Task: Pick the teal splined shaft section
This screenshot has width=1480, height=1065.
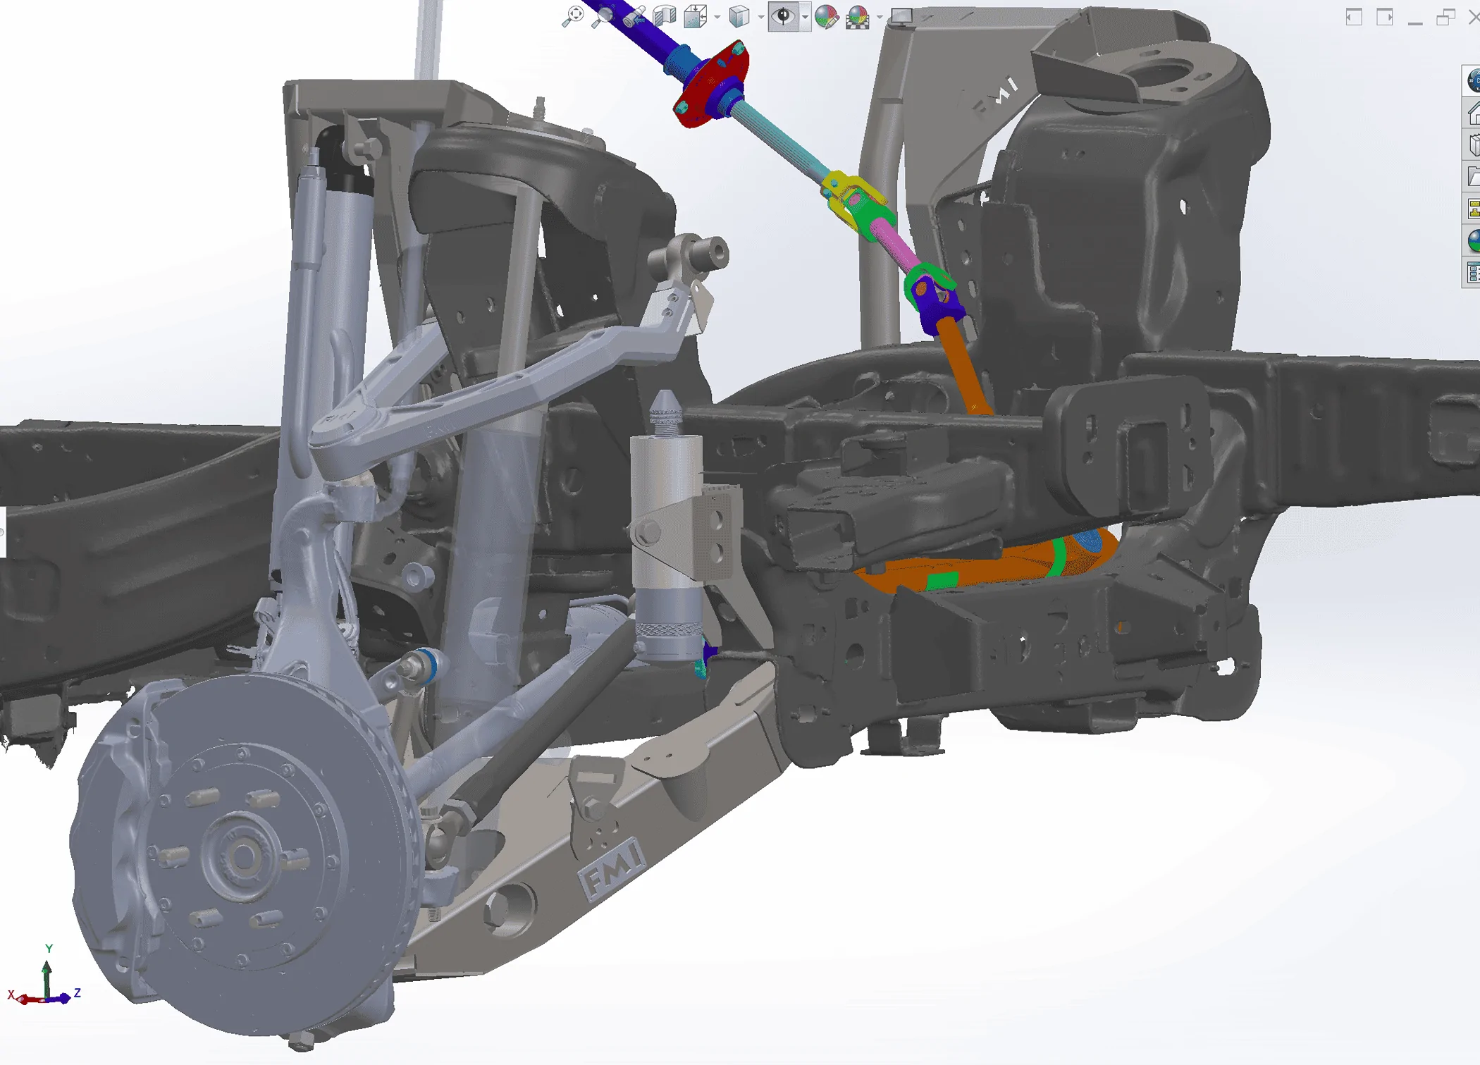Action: point(779,141)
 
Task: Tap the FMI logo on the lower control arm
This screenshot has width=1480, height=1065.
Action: point(612,869)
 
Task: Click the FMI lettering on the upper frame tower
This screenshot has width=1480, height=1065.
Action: point(996,97)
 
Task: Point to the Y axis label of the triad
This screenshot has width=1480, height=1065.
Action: point(49,949)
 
